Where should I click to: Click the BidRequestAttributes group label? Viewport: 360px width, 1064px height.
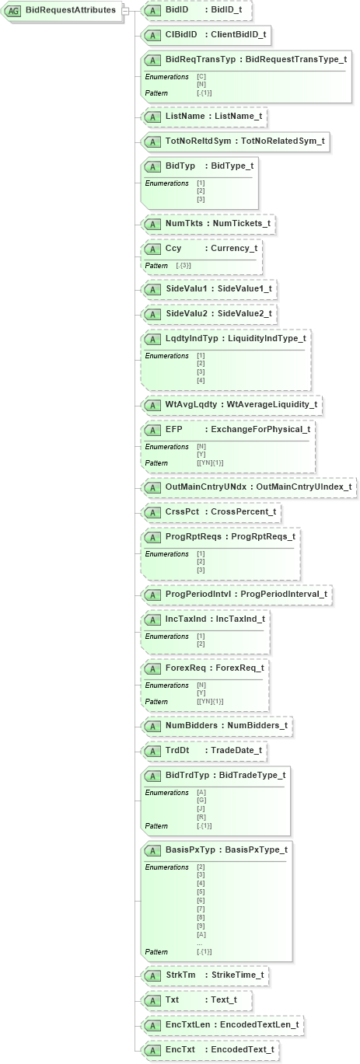pyautogui.click(x=70, y=11)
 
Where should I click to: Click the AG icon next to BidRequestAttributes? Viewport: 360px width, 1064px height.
pyautogui.click(x=14, y=11)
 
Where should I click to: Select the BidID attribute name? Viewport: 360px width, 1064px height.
pyautogui.click(x=177, y=10)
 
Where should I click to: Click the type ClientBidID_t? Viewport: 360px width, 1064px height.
pyautogui.click(x=238, y=35)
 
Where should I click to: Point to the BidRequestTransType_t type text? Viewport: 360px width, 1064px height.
pyautogui.click(x=296, y=60)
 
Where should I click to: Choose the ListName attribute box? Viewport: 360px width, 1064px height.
pyautogui.click(x=204, y=117)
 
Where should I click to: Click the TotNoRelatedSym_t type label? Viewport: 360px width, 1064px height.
pyautogui.click(x=283, y=141)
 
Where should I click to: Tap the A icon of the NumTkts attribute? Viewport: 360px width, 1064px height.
pyautogui.click(x=153, y=224)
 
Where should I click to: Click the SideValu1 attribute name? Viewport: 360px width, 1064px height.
pyautogui.click(x=187, y=289)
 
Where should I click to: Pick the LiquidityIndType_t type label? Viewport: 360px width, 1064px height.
pyautogui.click(x=267, y=339)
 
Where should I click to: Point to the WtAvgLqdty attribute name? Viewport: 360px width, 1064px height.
pyautogui.click(x=191, y=405)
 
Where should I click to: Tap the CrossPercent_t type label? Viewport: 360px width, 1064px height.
pyautogui.click(x=246, y=513)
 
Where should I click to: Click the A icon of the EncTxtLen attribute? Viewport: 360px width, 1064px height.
pyautogui.click(x=153, y=1025)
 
